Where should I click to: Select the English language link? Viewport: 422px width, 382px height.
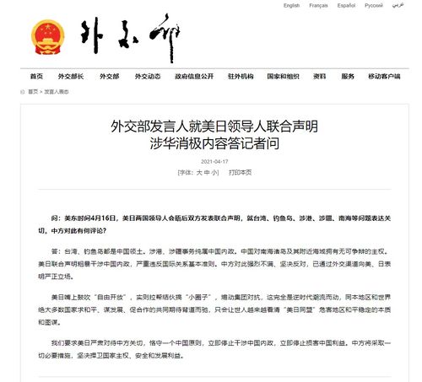(x=291, y=5)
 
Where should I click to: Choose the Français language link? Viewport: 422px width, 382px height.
(x=319, y=5)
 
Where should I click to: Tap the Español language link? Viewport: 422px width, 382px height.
(x=347, y=5)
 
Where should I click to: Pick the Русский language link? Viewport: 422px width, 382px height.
(x=373, y=5)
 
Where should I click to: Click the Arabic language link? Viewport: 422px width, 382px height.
(x=398, y=5)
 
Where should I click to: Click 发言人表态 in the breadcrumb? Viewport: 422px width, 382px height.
(x=57, y=91)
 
